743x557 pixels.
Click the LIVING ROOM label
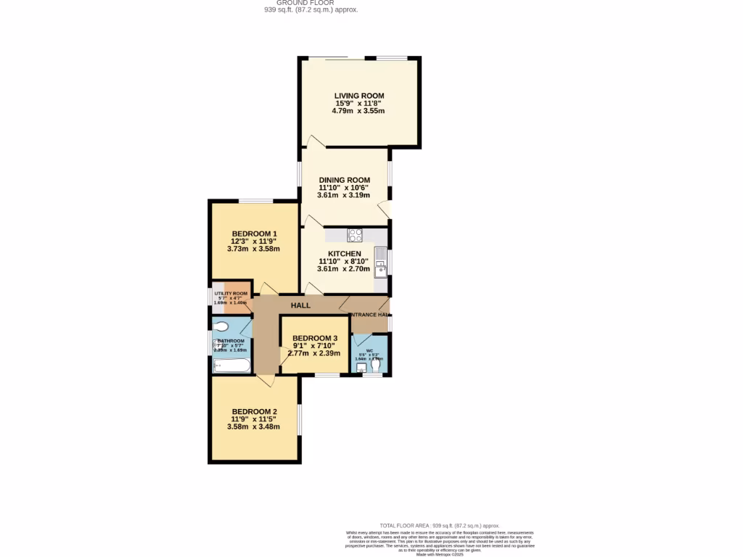[x=358, y=96]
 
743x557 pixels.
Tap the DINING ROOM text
[x=344, y=180]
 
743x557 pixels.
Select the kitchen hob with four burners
[x=355, y=235]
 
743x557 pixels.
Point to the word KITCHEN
[x=344, y=253]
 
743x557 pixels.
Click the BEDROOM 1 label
[x=253, y=233]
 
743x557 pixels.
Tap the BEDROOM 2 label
[x=253, y=411]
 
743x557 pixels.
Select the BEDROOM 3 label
[x=315, y=338]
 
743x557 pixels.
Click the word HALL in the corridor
[x=300, y=305]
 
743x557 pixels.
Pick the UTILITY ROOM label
[x=231, y=293]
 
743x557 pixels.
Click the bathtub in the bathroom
[x=231, y=365]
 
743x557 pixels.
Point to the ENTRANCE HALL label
[x=370, y=314]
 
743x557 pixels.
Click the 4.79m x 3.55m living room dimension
[x=358, y=111]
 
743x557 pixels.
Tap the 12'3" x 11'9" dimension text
[x=253, y=241]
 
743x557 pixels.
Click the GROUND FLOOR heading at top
[x=311, y=3]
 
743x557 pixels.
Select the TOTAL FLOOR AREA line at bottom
[x=440, y=525]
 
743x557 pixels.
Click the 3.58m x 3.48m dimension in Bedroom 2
[x=253, y=426]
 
